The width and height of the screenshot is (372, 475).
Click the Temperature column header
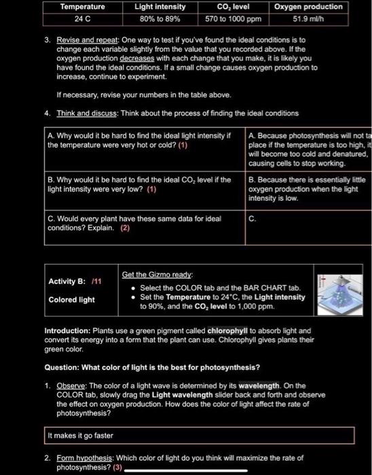click(x=83, y=7)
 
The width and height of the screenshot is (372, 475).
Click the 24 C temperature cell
click(x=83, y=18)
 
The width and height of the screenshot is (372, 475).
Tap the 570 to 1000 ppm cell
click(x=233, y=18)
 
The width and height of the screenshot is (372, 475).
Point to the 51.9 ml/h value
click(x=309, y=18)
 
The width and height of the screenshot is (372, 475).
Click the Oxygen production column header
click(x=309, y=7)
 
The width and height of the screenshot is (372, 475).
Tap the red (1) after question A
click(x=183, y=145)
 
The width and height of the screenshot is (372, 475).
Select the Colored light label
click(x=71, y=299)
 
